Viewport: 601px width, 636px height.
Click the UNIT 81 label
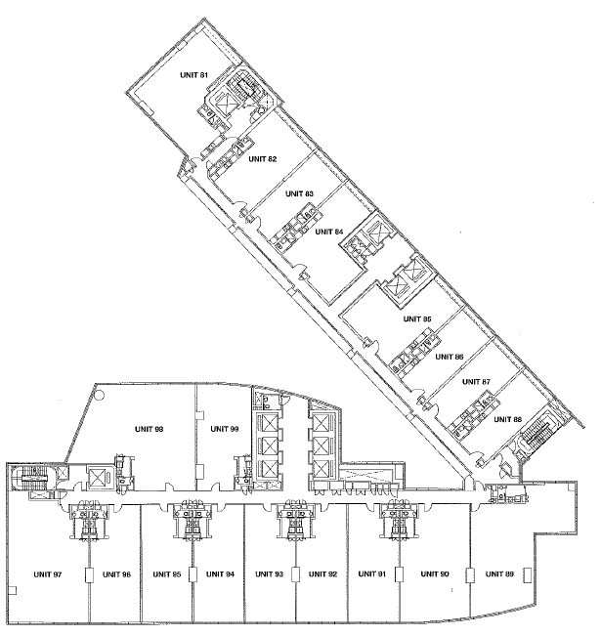coord(193,75)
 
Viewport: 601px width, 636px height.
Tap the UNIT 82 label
coord(263,159)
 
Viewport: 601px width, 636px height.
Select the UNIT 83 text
coord(299,193)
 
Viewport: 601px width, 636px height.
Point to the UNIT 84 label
coord(329,232)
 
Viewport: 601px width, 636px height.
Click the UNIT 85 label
coord(417,319)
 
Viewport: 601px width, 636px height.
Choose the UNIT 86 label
coord(450,357)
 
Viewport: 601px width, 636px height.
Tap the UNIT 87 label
coord(477,382)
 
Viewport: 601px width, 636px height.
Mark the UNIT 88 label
coord(507,419)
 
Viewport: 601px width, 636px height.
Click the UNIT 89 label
coord(499,573)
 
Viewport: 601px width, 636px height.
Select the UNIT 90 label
coord(435,573)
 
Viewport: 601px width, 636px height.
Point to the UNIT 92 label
coord(322,573)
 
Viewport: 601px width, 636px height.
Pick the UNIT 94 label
coord(220,573)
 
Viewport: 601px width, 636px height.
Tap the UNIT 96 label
coord(117,574)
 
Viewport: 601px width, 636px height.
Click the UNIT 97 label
coord(48,574)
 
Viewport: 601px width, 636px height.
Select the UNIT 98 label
coord(149,429)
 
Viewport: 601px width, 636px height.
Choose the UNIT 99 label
coord(225,429)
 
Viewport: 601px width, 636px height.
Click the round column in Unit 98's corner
coord(100,395)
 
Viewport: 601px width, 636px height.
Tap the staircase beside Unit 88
coord(537,435)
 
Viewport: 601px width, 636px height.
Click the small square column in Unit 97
coord(12,590)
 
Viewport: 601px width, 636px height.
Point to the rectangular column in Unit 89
coord(528,574)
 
